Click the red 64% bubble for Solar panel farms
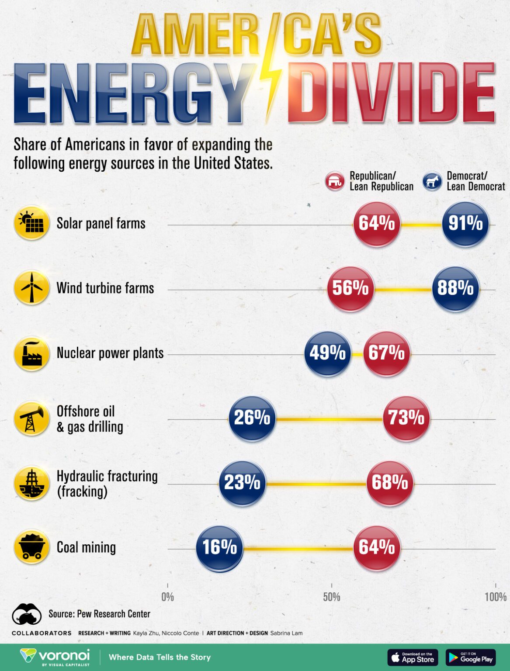click(x=376, y=224)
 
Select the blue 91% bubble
click(x=465, y=224)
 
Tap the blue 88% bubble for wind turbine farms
click(x=455, y=289)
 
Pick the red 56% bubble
click(x=350, y=289)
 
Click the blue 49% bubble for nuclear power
click(x=327, y=353)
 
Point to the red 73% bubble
click(x=406, y=418)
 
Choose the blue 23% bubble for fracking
click(x=242, y=483)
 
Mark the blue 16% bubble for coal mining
click(x=219, y=548)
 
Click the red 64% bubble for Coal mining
click(x=376, y=548)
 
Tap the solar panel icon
click(x=31, y=223)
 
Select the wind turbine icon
click(x=31, y=287)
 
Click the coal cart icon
click(x=31, y=547)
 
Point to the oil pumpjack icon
click(x=31, y=418)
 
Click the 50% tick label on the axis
click(x=331, y=597)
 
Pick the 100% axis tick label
click(x=495, y=597)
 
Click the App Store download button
click(x=413, y=657)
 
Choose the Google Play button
click(x=471, y=657)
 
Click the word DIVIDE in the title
click(x=391, y=93)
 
